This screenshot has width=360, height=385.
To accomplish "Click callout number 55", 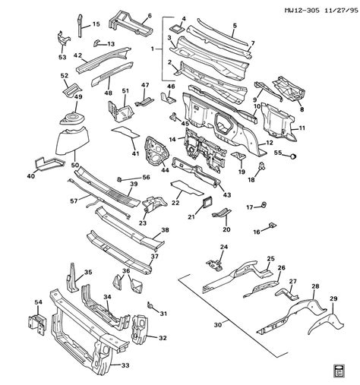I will [277, 155].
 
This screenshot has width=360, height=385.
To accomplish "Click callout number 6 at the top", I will [149, 16].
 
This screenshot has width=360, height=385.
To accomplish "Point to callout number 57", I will [73, 202].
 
